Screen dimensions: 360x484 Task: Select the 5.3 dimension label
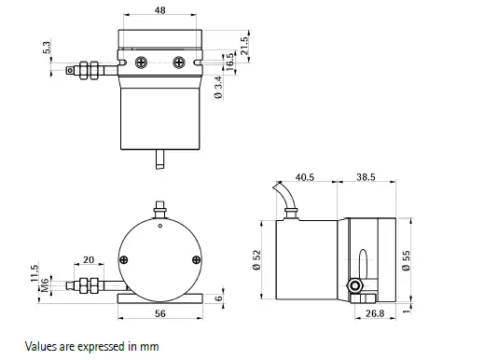point(47,47)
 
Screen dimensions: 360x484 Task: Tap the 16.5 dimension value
point(229,62)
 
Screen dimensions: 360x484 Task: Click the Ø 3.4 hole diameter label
point(218,89)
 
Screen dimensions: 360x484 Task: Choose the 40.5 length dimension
point(305,176)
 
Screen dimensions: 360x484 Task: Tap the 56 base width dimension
point(159,314)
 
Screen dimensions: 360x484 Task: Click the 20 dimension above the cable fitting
point(88,259)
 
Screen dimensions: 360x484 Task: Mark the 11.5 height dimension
point(35,271)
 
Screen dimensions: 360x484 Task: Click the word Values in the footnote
point(42,346)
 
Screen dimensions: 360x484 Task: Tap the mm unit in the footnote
point(149,346)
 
